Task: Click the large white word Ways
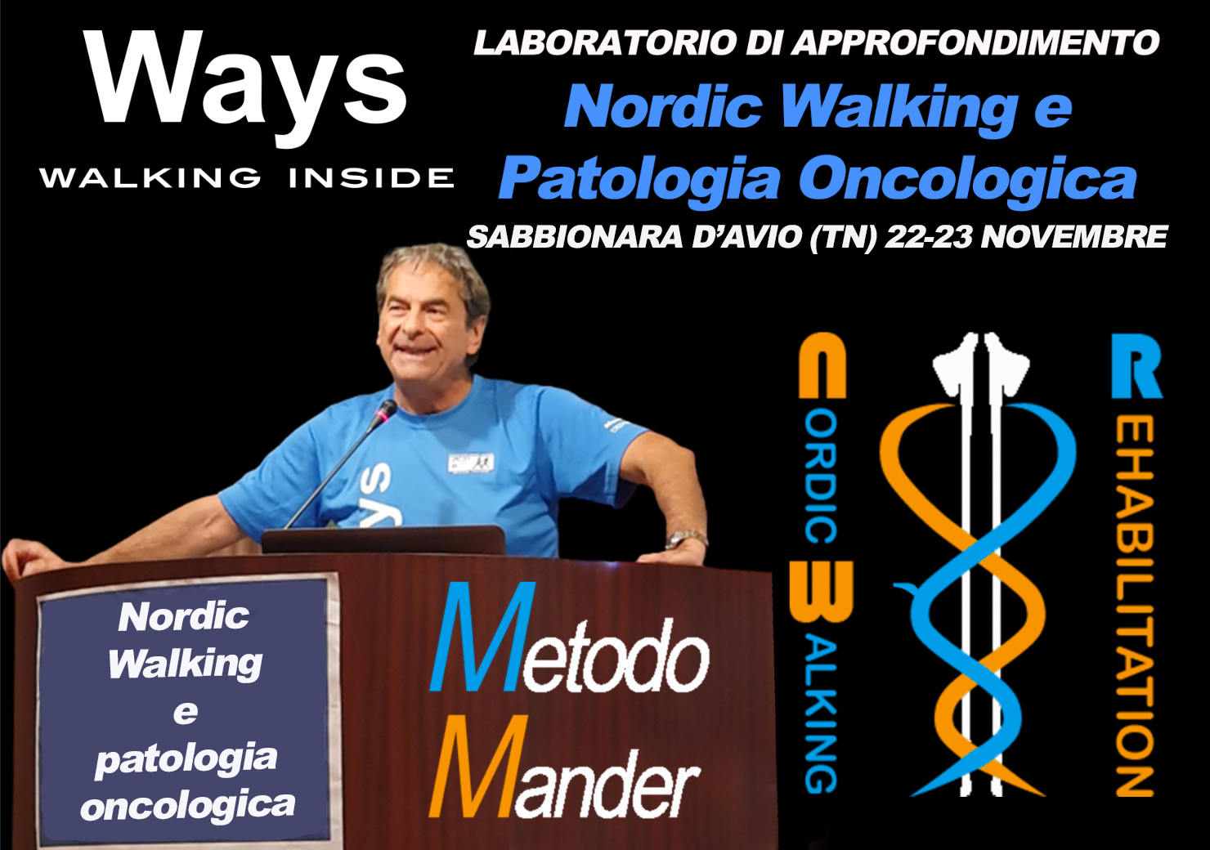point(245,87)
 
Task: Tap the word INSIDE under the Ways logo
point(372,178)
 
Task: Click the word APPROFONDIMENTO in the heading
point(976,43)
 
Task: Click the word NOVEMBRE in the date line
point(1074,236)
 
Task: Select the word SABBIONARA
point(575,236)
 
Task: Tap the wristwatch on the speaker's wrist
point(686,538)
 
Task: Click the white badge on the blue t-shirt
point(470,463)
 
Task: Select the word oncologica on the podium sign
point(187,804)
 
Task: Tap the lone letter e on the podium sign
point(186,713)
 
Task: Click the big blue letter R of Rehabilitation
point(1136,367)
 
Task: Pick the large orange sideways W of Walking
point(821,592)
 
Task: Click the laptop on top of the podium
point(383,540)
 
